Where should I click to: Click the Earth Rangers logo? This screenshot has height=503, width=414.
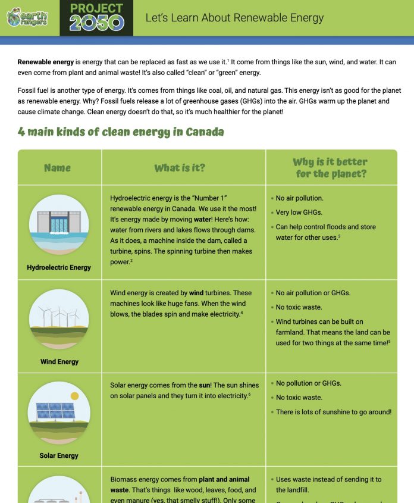tap(27, 18)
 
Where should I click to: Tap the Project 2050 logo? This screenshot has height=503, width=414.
tap(96, 17)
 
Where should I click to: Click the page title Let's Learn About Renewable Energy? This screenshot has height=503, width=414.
tap(234, 18)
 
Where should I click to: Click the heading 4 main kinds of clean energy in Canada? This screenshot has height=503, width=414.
tap(121, 132)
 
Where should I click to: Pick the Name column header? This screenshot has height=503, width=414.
tap(57, 168)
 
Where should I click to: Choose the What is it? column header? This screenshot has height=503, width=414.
tap(180, 168)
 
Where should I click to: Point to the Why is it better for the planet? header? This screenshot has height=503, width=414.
tap(331, 168)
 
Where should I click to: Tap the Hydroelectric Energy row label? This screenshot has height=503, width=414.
tap(59, 267)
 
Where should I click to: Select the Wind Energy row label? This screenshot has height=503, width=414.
tap(59, 361)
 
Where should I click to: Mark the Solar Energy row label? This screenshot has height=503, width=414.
tap(59, 455)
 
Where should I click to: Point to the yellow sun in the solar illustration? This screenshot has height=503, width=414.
tap(74, 396)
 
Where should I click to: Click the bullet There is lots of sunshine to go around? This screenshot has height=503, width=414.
tap(334, 412)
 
